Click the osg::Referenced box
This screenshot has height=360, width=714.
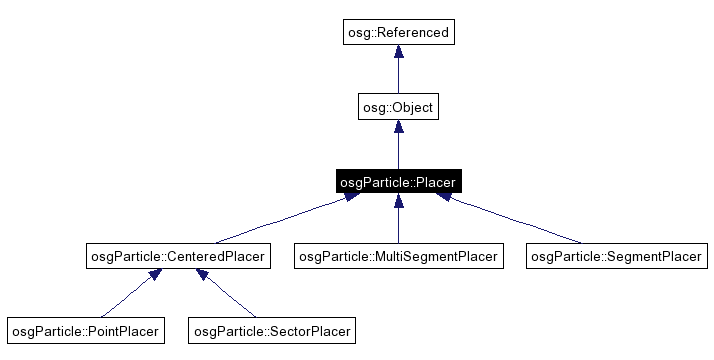coord(398,32)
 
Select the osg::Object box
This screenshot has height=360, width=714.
coord(398,107)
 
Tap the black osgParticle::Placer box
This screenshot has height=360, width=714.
coord(398,182)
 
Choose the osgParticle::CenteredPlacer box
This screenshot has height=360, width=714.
coord(178,257)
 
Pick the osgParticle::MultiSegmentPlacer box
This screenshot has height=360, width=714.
coord(398,257)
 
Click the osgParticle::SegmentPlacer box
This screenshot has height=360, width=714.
coord(616,257)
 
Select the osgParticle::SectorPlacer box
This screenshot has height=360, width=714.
coord(272,329)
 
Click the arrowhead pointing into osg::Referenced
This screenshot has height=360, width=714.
coord(398,53)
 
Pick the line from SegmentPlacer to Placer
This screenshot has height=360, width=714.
coord(515,221)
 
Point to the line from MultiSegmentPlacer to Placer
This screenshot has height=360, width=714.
coord(398,225)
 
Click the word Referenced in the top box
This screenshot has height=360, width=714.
coord(414,32)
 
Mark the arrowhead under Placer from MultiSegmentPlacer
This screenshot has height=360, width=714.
coord(398,202)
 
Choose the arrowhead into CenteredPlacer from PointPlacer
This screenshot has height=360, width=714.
coord(154,275)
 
